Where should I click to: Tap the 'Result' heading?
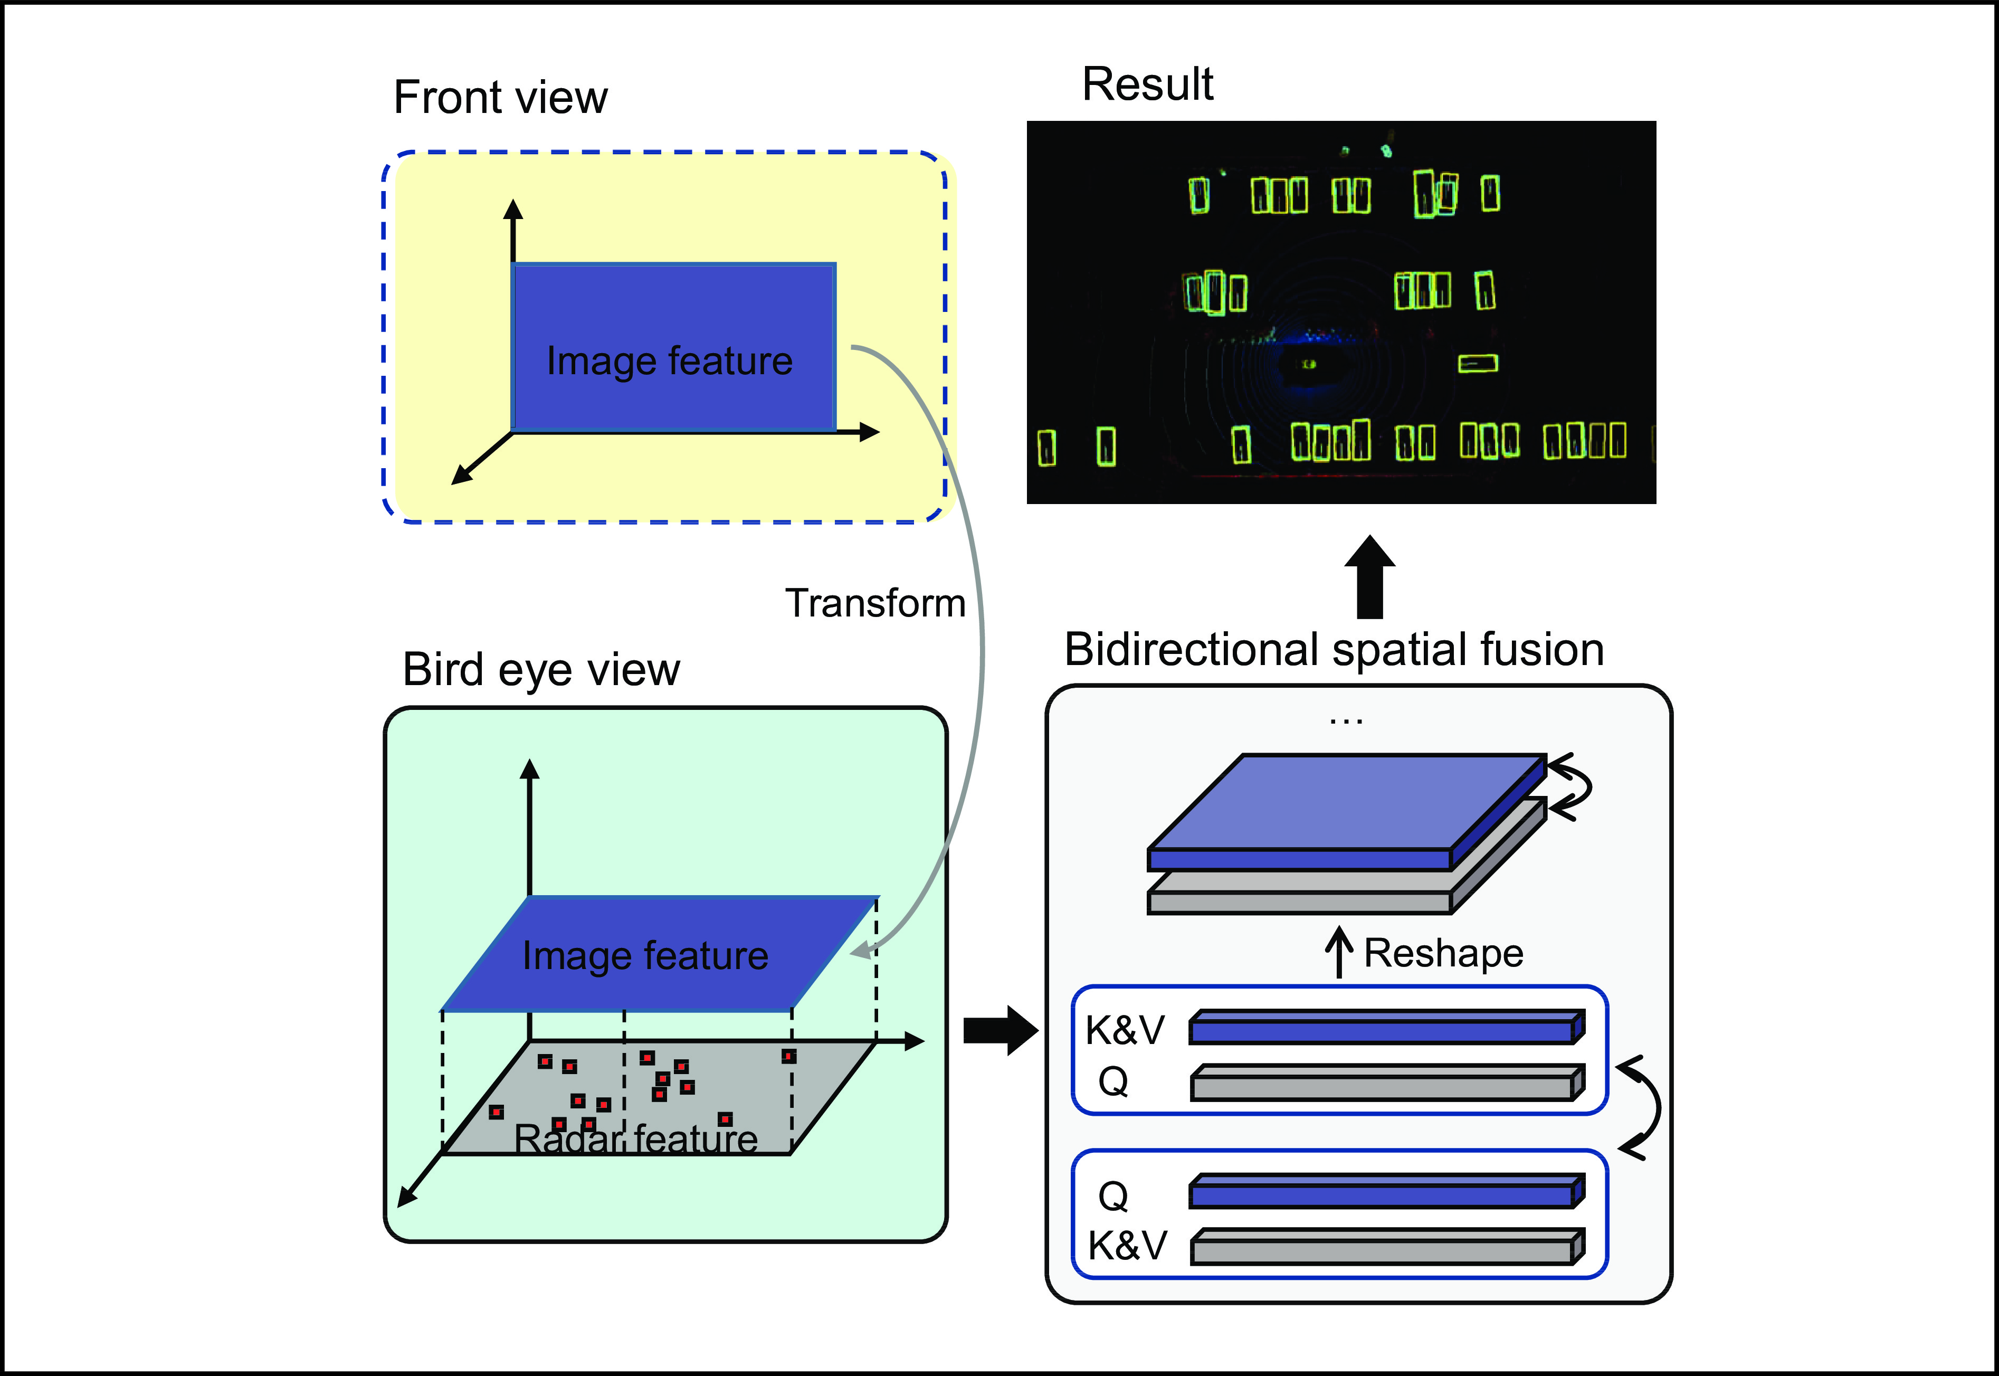[1147, 84]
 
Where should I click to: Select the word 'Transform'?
[875, 603]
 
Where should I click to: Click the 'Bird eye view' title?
[540, 670]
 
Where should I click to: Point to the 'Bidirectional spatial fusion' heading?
[1334, 649]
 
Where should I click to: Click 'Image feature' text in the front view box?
[669, 361]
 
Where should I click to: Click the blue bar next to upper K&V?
[1384, 1029]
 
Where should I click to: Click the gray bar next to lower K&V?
[1384, 1248]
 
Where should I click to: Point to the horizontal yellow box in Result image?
[1478, 363]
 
